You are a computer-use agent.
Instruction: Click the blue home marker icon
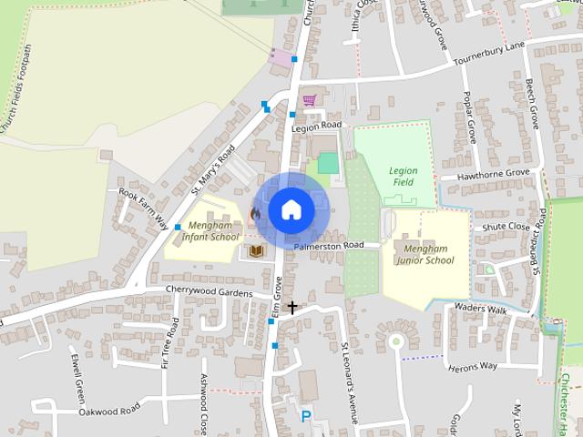coord(290,209)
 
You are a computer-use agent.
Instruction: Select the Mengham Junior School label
coord(424,253)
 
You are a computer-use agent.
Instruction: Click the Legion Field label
coord(402,176)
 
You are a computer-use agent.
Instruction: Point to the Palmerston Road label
coord(329,246)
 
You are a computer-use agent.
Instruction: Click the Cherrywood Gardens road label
coord(209,291)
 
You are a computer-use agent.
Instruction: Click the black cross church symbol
coord(292,308)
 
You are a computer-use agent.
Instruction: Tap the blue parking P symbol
coord(306,416)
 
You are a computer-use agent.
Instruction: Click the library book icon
coord(257,250)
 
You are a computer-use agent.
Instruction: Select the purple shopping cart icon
coord(309,99)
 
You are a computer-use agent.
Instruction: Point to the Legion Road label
coord(315,126)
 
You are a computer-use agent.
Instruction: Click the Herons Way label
coord(473,366)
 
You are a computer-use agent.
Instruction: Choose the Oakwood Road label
coord(108,408)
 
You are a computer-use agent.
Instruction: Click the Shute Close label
coord(506,227)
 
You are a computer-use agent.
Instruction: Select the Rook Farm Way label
coord(144,208)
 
